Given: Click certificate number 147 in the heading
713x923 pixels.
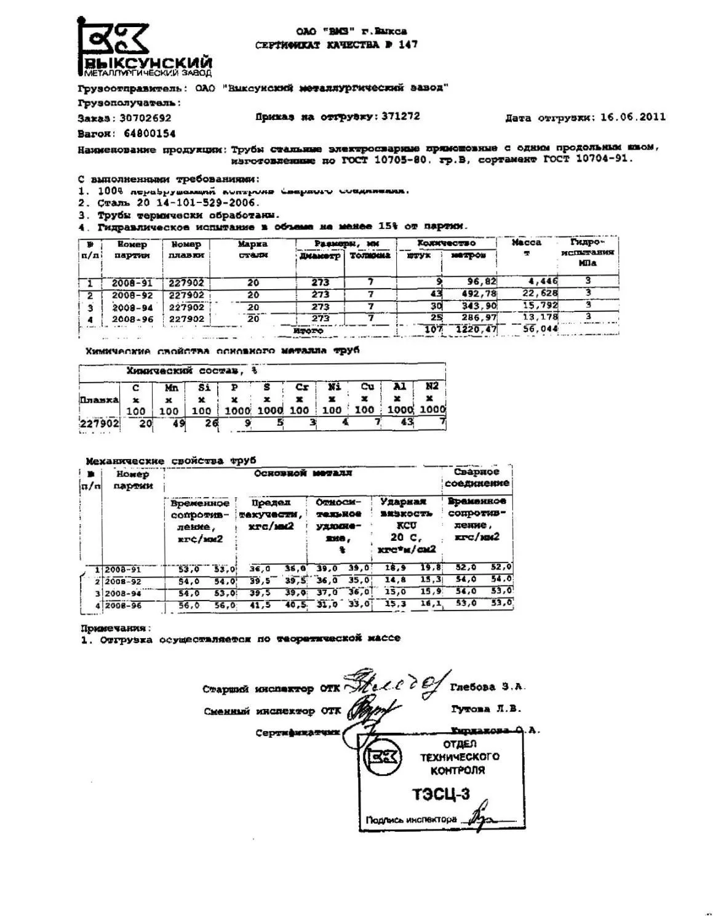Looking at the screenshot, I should coord(407,44).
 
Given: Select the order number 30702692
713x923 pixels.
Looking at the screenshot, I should coord(146,118).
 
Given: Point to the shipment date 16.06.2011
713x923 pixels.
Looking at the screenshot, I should coord(633,117).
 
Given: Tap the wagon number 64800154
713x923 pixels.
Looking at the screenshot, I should coord(149,134).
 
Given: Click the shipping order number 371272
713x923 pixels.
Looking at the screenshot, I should coord(400,116).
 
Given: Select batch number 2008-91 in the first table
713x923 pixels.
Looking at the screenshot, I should coord(132,284).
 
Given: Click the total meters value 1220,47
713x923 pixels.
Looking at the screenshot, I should coord(472,330).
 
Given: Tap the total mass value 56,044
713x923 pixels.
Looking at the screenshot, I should coord(540,329).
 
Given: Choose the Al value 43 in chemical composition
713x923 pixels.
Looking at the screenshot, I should coord(407,423).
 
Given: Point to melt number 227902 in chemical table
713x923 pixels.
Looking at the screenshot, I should coord(100,423).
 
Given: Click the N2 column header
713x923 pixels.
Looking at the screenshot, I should coord(432,386).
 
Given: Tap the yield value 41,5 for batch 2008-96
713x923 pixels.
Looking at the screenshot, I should coord(260,605).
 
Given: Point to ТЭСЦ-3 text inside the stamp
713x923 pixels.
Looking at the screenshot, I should coord(441,794).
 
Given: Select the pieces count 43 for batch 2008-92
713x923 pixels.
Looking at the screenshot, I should coord(436,294).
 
